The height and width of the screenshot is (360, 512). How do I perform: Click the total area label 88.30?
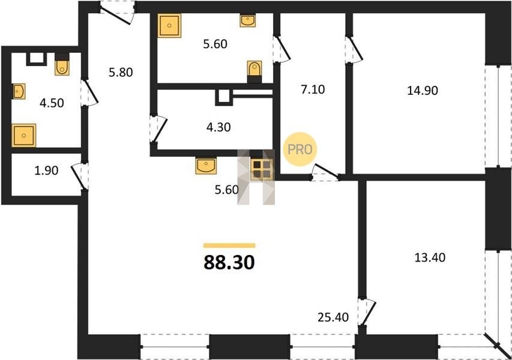point(229,262)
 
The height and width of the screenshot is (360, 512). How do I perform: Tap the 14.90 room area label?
point(423,91)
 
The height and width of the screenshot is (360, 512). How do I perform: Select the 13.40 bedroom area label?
point(430,257)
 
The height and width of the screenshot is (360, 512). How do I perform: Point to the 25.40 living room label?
point(333,317)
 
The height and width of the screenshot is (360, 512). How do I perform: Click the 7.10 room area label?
point(313,89)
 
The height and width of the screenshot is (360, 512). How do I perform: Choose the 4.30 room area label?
point(218,127)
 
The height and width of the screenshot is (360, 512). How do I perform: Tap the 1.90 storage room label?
point(46,170)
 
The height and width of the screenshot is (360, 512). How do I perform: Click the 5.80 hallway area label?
point(121,72)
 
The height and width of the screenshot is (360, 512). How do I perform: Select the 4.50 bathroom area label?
point(52,103)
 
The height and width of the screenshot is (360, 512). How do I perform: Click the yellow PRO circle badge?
point(300,149)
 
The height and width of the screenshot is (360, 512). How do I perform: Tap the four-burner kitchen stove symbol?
point(262,169)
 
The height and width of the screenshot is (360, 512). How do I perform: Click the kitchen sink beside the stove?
point(206,166)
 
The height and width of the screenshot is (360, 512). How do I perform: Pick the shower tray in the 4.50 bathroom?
point(24,135)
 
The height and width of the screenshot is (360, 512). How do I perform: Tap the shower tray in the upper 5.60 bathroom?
point(169,25)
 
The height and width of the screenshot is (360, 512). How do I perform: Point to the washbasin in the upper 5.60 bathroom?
point(248,20)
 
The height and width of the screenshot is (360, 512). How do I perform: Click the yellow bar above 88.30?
point(229,245)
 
